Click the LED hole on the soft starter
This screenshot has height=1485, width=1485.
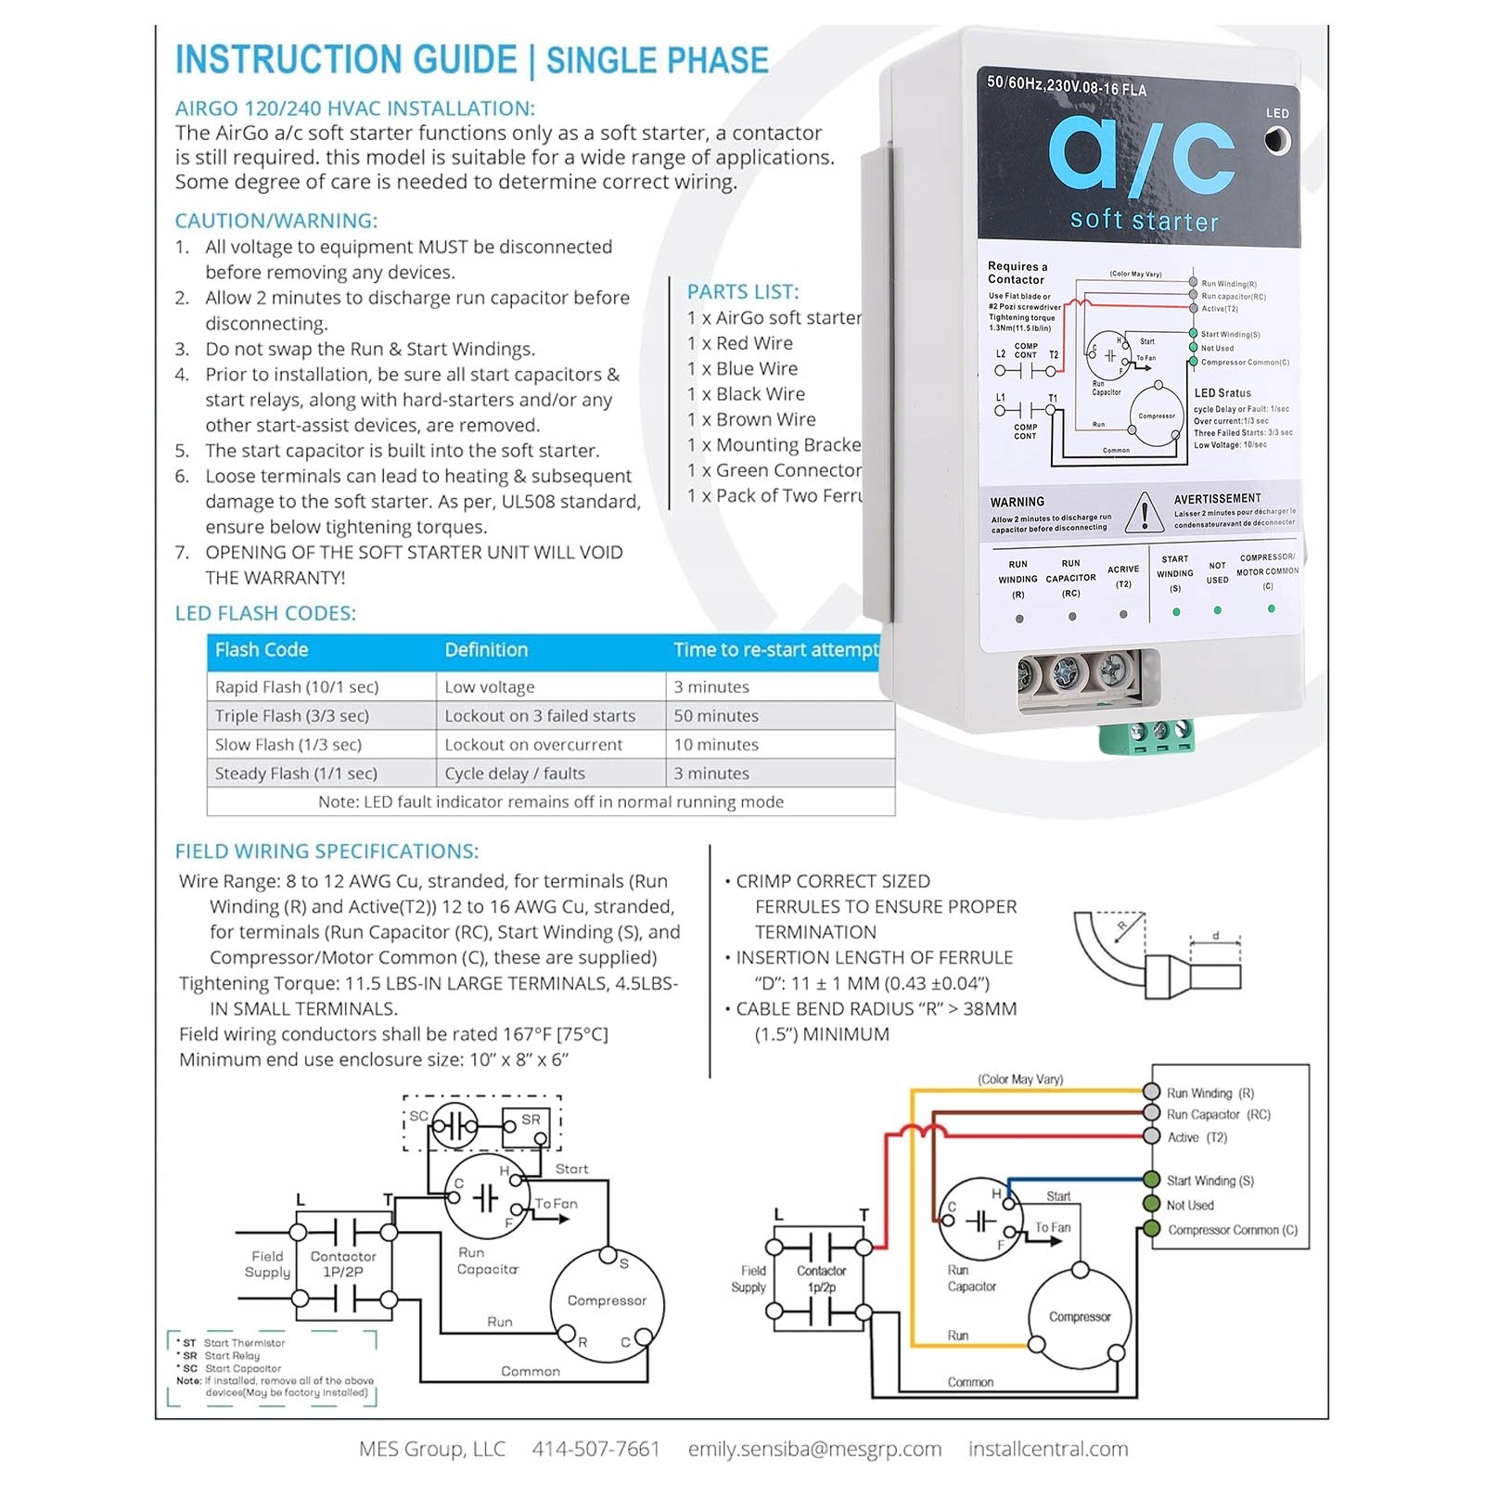(x=1277, y=141)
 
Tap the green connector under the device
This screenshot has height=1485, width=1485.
(x=1146, y=735)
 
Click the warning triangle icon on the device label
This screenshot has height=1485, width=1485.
(x=1145, y=513)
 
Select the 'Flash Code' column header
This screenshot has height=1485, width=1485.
(x=262, y=650)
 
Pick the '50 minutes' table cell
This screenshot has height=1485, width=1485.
(x=716, y=716)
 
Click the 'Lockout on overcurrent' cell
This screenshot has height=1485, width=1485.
(x=533, y=745)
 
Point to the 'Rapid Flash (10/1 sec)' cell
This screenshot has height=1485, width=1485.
(x=297, y=687)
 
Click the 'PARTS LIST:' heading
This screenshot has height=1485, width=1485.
(x=743, y=292)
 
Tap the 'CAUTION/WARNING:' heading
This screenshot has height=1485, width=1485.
(x=276, y=221)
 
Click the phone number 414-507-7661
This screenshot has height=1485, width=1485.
(x=595, y=1449)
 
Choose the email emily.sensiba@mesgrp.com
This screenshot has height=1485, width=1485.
(x=814, y=1449)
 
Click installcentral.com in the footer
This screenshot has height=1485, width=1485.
(x=1048, y=1449)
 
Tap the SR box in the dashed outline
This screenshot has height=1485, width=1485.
(x=526, y=1125)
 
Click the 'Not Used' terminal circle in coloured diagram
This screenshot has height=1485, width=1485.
(x=1152, y=1204)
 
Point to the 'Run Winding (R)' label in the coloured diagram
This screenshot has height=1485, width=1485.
(x=1210, y=1094)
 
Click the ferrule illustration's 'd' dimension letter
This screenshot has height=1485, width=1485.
(x=1215, y=935)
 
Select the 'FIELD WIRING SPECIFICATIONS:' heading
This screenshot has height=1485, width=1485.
(x=326, y=851)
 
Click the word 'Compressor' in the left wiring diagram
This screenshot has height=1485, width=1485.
(x=607, y=1300)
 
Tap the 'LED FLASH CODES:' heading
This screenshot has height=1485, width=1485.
(x=265, y=613)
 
